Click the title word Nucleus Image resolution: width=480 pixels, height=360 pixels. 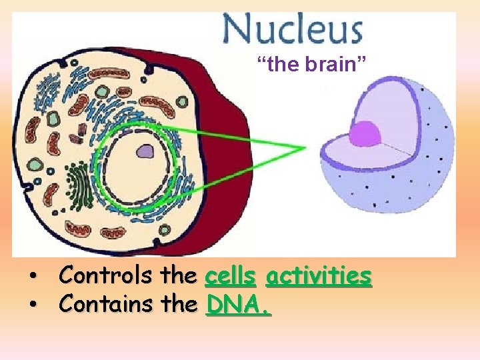(x=293, y=30)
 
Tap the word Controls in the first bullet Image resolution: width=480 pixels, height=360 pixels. (x=107, y=275)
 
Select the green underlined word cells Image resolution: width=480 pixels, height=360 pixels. (x=231, y=275)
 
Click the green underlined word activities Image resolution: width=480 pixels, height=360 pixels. (x=318, y=275)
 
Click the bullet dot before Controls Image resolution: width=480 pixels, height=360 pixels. (x=31, y=276)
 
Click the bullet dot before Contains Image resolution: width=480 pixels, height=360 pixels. (x=31, y=305)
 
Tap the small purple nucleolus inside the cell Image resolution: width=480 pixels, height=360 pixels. (x=145, y=152)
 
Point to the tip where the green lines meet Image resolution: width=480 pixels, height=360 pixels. (x=305, y=147)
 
